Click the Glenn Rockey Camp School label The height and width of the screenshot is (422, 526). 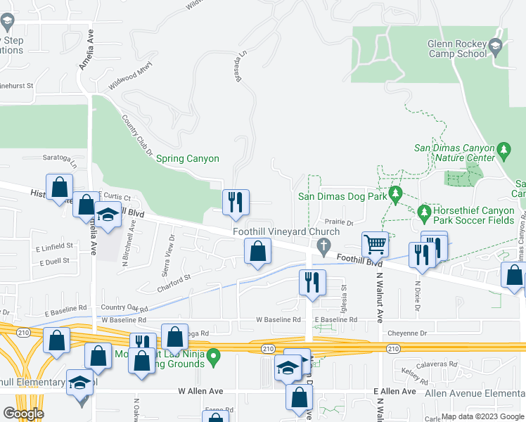point(457,48)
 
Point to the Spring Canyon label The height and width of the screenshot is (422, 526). point(187,159)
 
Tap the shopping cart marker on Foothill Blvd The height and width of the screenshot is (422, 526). point(376,244)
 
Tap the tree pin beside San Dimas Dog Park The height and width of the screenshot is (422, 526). point(396,193)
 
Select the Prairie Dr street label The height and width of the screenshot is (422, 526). point(340,222)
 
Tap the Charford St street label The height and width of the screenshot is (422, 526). point(174,282)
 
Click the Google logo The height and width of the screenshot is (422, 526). point(23,413)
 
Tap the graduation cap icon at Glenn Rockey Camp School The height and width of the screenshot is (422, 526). point(495,47)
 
